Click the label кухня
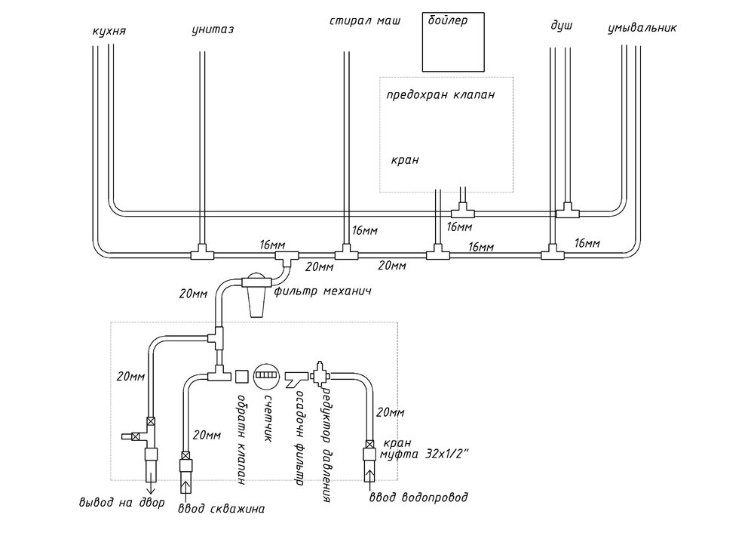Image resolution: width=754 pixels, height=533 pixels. tap(107, 32)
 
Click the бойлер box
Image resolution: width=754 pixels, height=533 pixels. tap(449, 39)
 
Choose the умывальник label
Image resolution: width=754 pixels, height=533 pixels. tap(642, 29)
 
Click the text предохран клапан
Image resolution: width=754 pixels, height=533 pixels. tap(440, 96)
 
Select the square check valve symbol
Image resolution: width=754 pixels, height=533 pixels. tap(242, 375)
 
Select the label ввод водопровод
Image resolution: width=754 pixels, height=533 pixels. tap(418, 498)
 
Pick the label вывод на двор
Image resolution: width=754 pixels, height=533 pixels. tap(121, 503)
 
